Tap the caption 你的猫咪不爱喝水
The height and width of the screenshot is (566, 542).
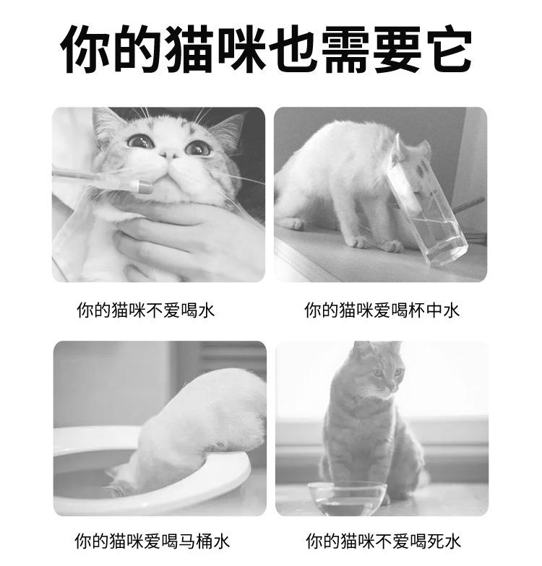[146, 310]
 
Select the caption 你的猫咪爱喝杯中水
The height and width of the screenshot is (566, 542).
[382, 310]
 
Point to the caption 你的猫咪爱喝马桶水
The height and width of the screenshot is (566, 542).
[152, 541]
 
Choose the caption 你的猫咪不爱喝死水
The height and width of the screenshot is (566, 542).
[383, 541]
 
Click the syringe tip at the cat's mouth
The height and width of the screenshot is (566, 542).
[145, 186]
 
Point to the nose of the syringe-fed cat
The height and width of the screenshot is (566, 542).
[168, 154]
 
